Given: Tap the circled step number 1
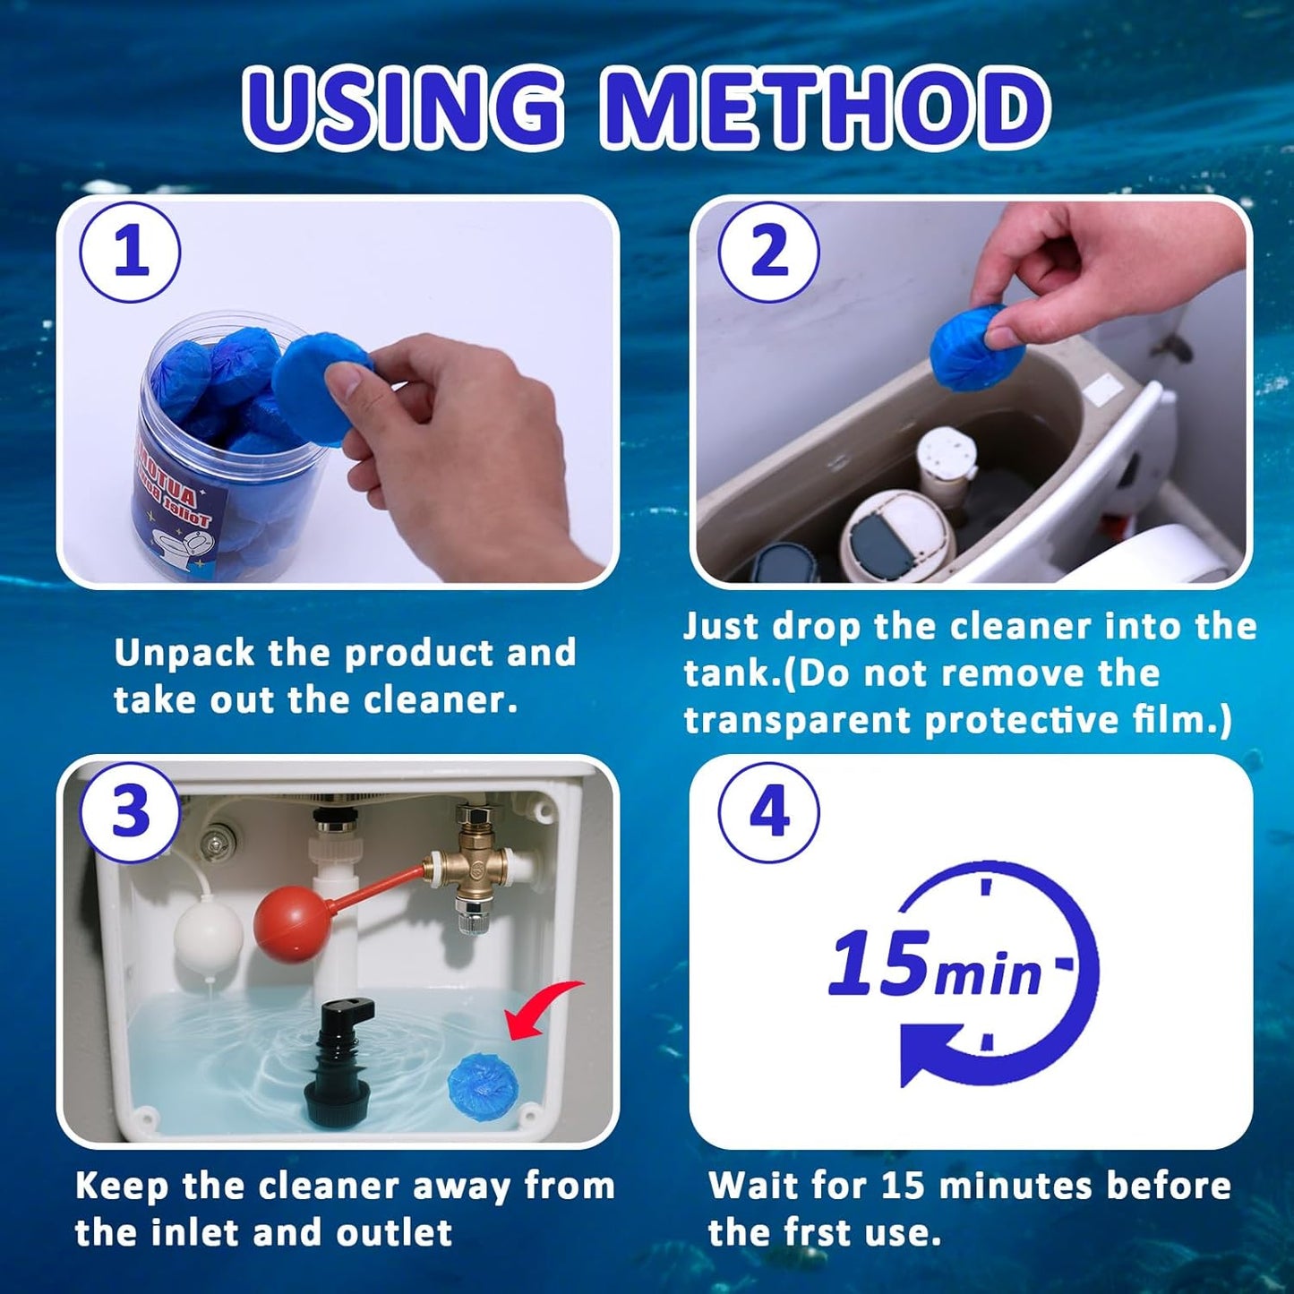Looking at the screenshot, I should (131, 253).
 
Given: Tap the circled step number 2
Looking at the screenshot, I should (768, 253).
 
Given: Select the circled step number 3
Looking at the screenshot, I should (131, 812).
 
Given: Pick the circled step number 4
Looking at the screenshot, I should (768, 812).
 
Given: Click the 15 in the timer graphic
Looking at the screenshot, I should (878, 964).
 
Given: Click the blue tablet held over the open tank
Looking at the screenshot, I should (970, 347).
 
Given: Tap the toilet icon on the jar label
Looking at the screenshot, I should (178, 547).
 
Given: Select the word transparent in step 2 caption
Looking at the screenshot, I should (797, 720).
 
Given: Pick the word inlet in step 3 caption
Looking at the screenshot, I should (200, 1232).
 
